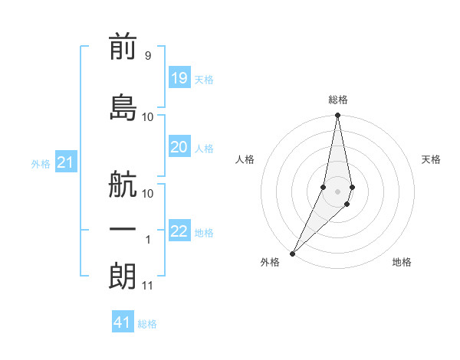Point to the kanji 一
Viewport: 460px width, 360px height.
(x=123, y=230)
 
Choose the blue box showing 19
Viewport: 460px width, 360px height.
(x=179, y=78)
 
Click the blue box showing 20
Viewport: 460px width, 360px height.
(x=179, y=147)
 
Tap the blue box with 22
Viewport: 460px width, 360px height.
(x=179, y=231)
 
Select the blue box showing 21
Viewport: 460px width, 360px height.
(x=65, y=162)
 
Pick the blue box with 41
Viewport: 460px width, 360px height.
(x=123, y=322)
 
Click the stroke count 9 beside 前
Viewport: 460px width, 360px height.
(x=147, y=56)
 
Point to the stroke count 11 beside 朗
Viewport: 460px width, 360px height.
(x=147, y=286)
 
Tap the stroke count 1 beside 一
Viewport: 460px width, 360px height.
(x=148, y=240)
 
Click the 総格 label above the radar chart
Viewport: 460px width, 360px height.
(x=338, y=100)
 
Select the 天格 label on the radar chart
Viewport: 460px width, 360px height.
(x=431, y=159)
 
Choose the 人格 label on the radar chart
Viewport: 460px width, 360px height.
(x=245, y=159)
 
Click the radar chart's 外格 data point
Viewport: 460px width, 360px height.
(x=293, y=253)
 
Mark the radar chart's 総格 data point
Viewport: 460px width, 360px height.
(x=337, y=116)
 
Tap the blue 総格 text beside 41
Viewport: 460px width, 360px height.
(x=147, y=324)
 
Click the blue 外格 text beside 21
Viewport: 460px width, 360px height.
(x=41, y=164)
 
